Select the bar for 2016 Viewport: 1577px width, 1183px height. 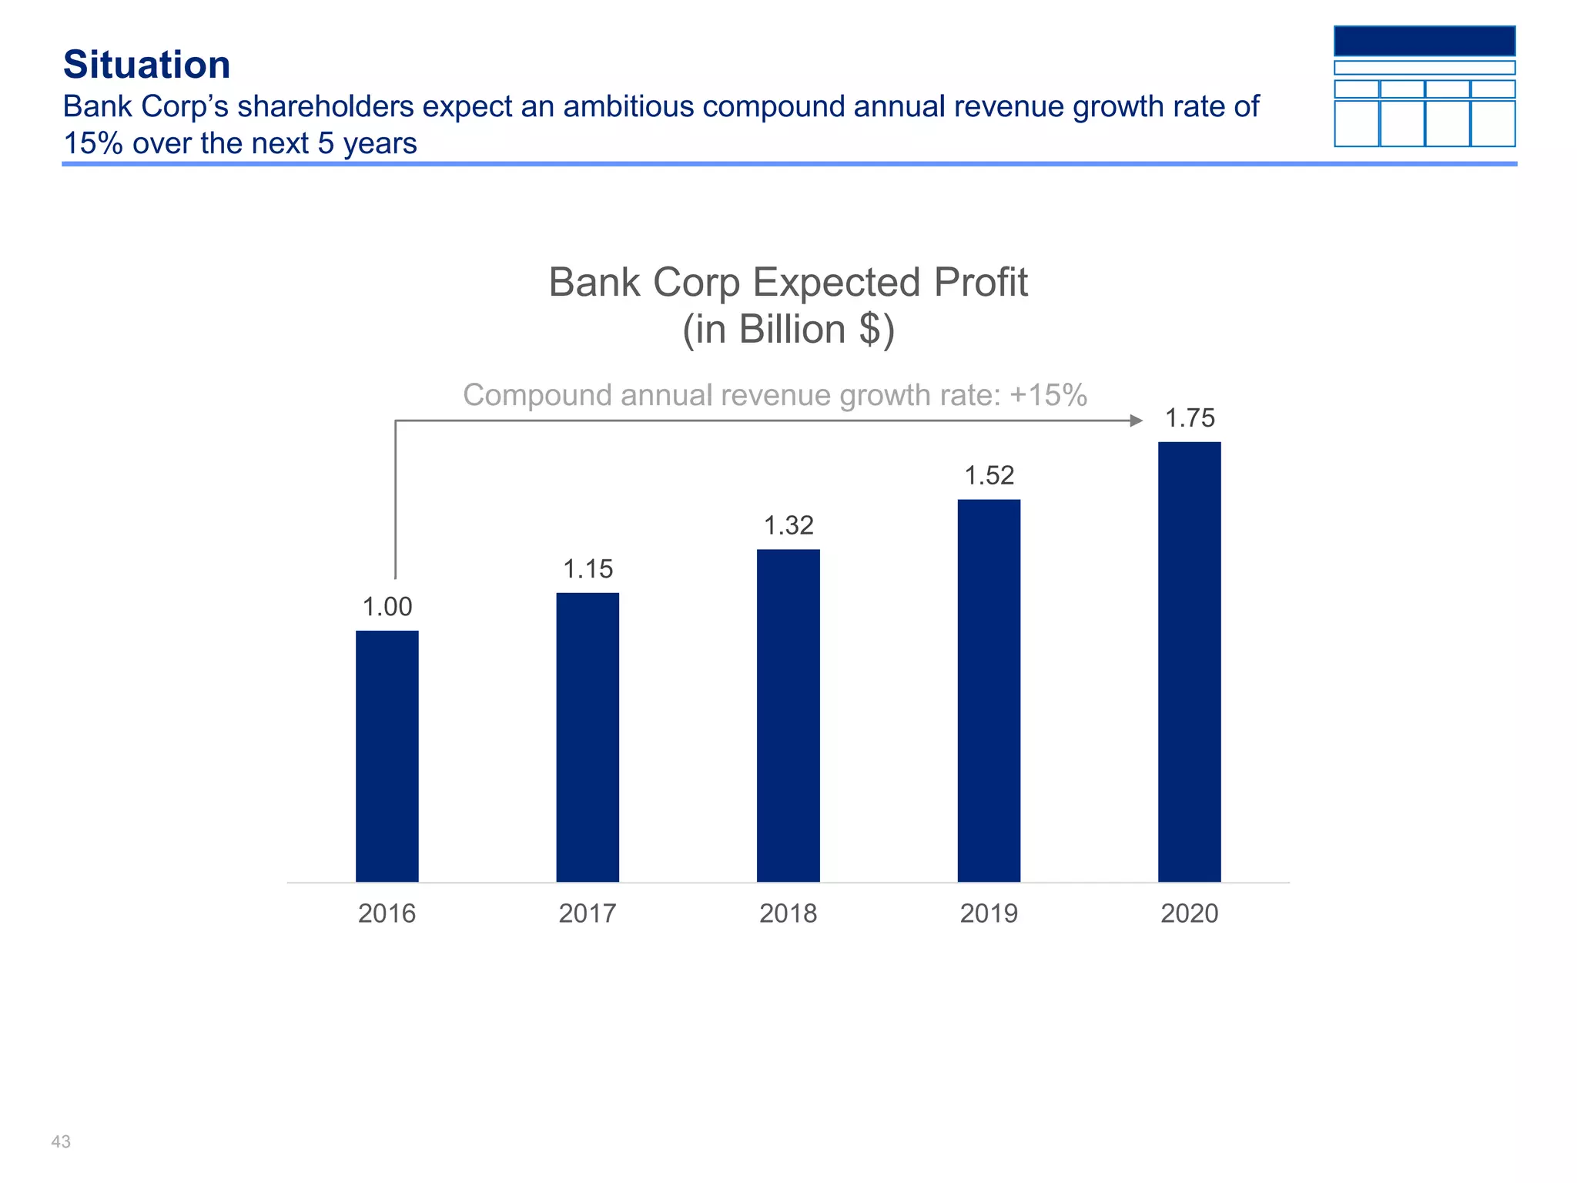[x=387, y=756]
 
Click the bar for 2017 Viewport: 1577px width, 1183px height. [x=588, y=737]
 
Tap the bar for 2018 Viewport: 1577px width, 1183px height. [x=788, y=715]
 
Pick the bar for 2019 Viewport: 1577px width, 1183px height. [x=989, y=690]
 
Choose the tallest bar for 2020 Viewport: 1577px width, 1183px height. [x=1189, y=662]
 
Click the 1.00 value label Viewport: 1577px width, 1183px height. [x=387, y=607]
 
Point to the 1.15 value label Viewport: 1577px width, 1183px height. [x=588, y=569]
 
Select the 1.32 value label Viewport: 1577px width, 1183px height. [x=788, y=526]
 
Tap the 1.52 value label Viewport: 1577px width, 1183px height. [x=989, y=475]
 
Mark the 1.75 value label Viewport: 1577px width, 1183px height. [x=1190, y=418]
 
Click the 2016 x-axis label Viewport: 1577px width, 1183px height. [x=387, y=913]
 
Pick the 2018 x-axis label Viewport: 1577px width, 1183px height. [x=788, y=913]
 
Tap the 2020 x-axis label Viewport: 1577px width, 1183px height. [x=1189, y=913]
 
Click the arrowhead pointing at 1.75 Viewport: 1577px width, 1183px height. [x=1137, y=421]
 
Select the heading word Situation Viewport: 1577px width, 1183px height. [x=147, y=65]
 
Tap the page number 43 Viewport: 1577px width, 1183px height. [x=61, y=1141]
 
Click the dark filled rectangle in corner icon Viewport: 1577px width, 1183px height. [x=1425, y=41]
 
